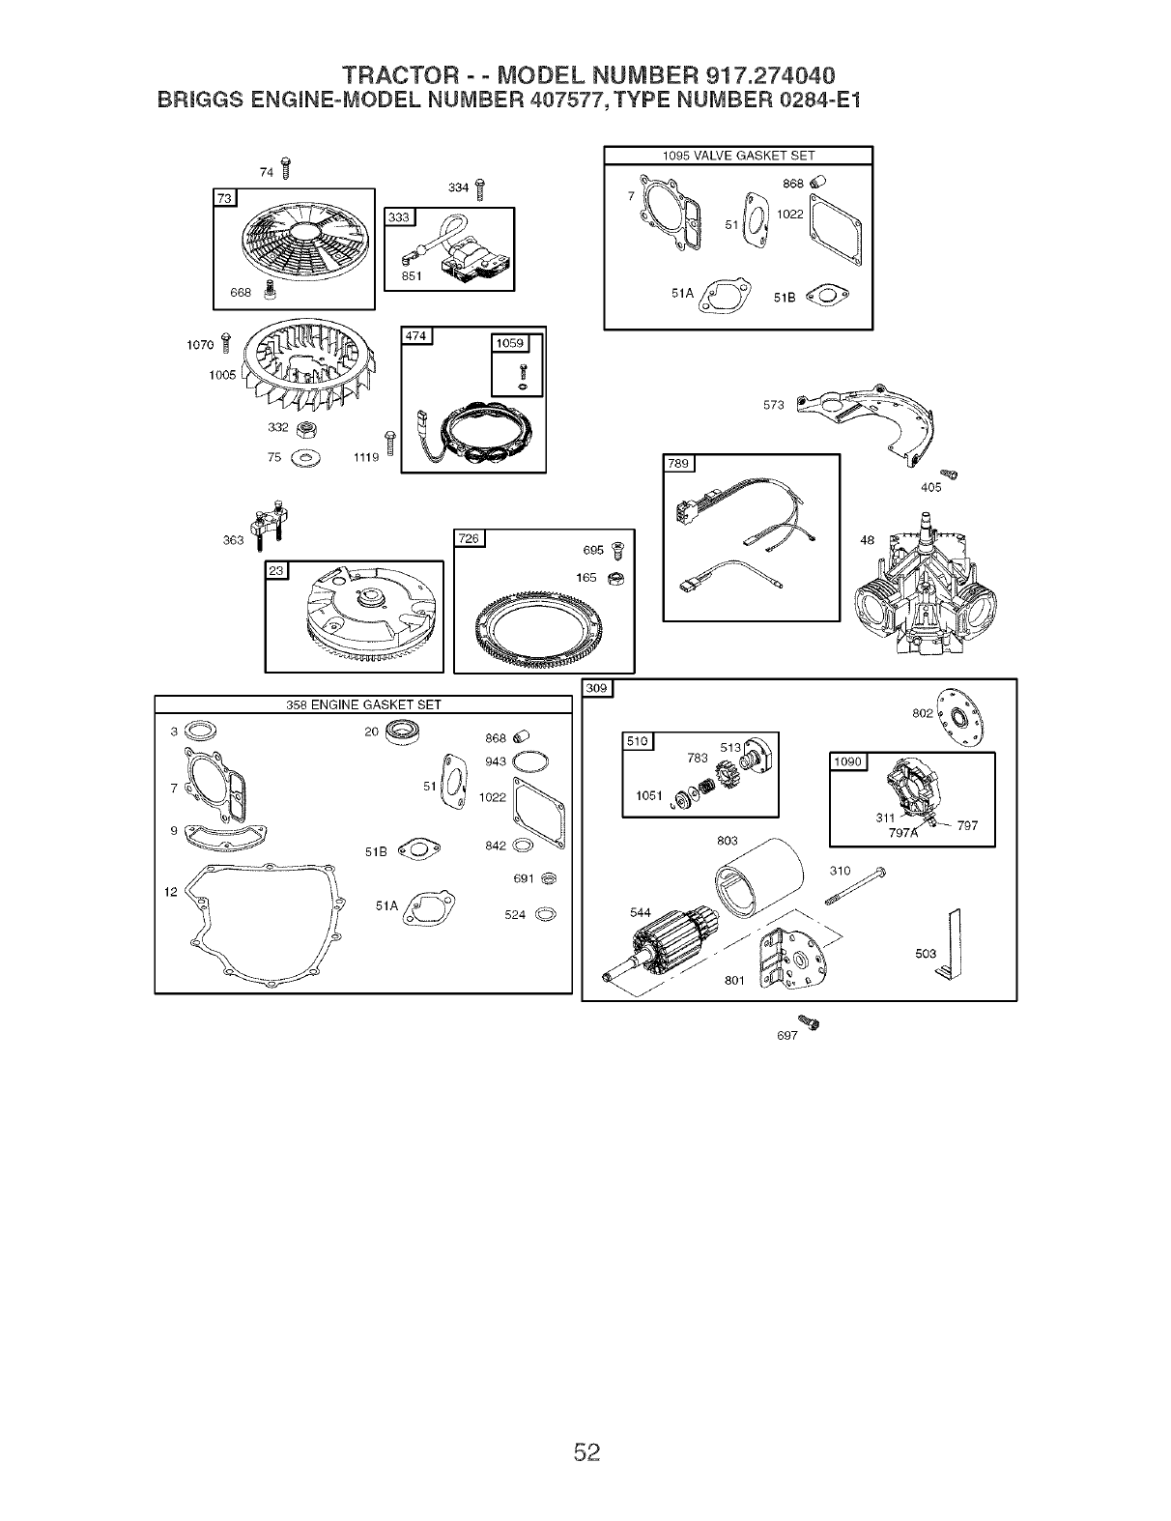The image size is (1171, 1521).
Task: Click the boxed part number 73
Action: pos(224,199)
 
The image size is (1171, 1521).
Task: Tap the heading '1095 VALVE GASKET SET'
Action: pos(738,156)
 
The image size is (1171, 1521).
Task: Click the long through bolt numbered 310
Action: pos(854,886)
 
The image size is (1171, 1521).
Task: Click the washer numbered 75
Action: pos(308,456)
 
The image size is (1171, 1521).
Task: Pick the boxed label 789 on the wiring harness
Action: pos(679,464)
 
